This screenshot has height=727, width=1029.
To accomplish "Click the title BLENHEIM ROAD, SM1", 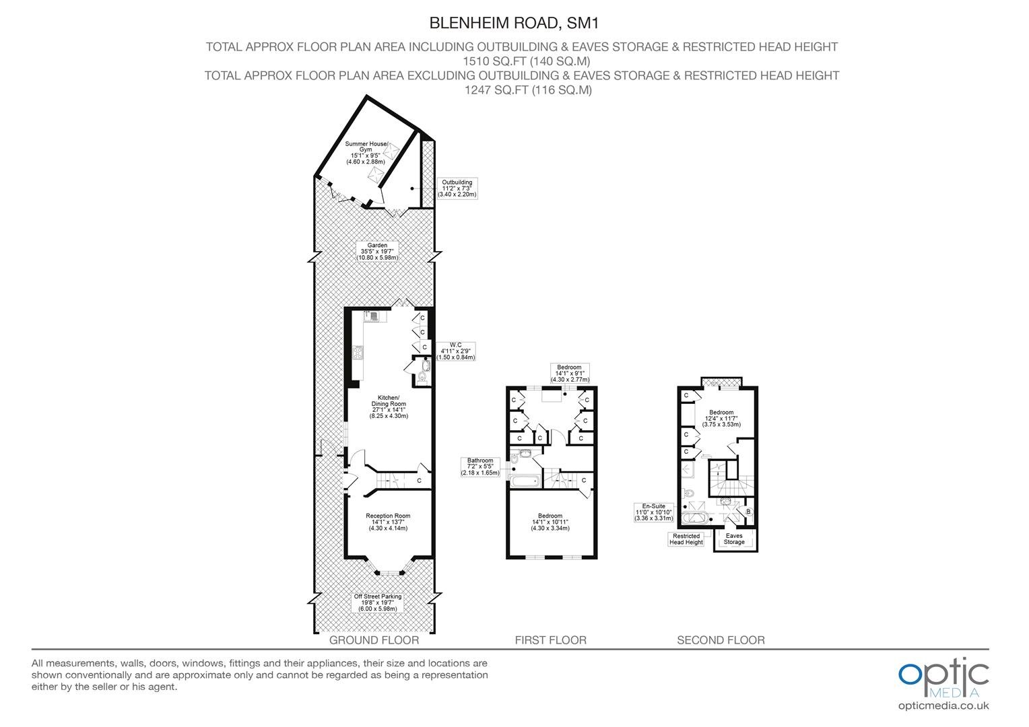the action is tap(514, 23).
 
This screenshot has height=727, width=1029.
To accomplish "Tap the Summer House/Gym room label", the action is tap(366, 153).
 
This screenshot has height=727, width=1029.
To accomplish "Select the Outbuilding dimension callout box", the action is tap(457, 188).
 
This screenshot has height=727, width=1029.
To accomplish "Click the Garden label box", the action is tap(377, 252).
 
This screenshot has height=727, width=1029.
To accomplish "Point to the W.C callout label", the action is tap(455, 351).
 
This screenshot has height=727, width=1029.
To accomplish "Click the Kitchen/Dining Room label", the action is tap(389, 407).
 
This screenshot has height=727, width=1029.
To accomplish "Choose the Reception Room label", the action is tap(388, 522).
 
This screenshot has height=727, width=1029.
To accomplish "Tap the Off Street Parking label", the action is tap(378, 602).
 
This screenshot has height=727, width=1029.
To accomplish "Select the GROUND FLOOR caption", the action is tap(374, 640).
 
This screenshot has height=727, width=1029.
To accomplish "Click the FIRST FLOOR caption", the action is tap(550, 640).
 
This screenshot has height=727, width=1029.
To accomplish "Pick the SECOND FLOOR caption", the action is tap(721, 640).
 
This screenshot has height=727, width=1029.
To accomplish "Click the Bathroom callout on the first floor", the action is tap(480, 466).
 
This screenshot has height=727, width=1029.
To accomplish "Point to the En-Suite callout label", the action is tap(653, 512).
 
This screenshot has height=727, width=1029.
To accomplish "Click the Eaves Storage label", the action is tap(734, 539).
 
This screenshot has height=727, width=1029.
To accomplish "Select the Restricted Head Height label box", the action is tap(686, 539).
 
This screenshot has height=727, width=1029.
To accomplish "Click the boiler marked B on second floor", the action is tap(748, 512).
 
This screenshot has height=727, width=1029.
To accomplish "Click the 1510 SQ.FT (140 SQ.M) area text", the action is tap(527, 61).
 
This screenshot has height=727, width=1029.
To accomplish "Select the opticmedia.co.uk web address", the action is tap(943, 706).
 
